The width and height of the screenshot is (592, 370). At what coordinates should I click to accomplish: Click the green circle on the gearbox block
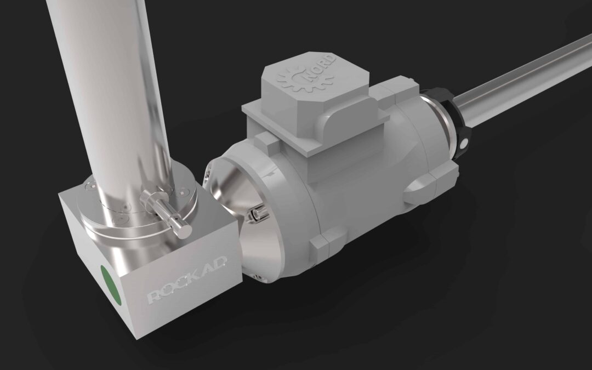point(111,284)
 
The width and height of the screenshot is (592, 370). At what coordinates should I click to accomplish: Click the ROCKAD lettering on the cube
point(187,280)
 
